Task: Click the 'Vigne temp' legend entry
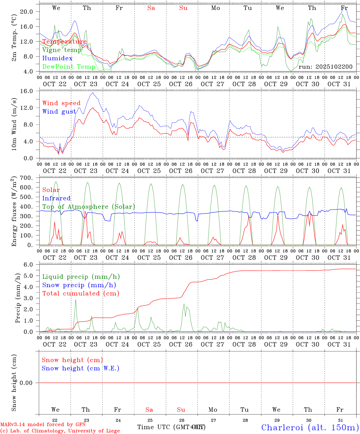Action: pos(62,50)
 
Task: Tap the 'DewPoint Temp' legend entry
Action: pos(69,67)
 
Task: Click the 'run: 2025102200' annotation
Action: pos(325,67)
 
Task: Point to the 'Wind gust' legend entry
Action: pos(59,112)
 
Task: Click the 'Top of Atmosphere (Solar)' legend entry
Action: pos(89,207)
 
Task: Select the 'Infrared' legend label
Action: pos(56,198)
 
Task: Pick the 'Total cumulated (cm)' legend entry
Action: pos(81,293)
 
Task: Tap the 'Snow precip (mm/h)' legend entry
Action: pos(79,285)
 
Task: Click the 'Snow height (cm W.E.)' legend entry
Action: pos(81,368)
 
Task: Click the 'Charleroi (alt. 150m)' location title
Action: pos(310,427)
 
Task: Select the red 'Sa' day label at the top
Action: pos(151,8)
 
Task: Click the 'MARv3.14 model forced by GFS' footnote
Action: pos(43,425)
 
